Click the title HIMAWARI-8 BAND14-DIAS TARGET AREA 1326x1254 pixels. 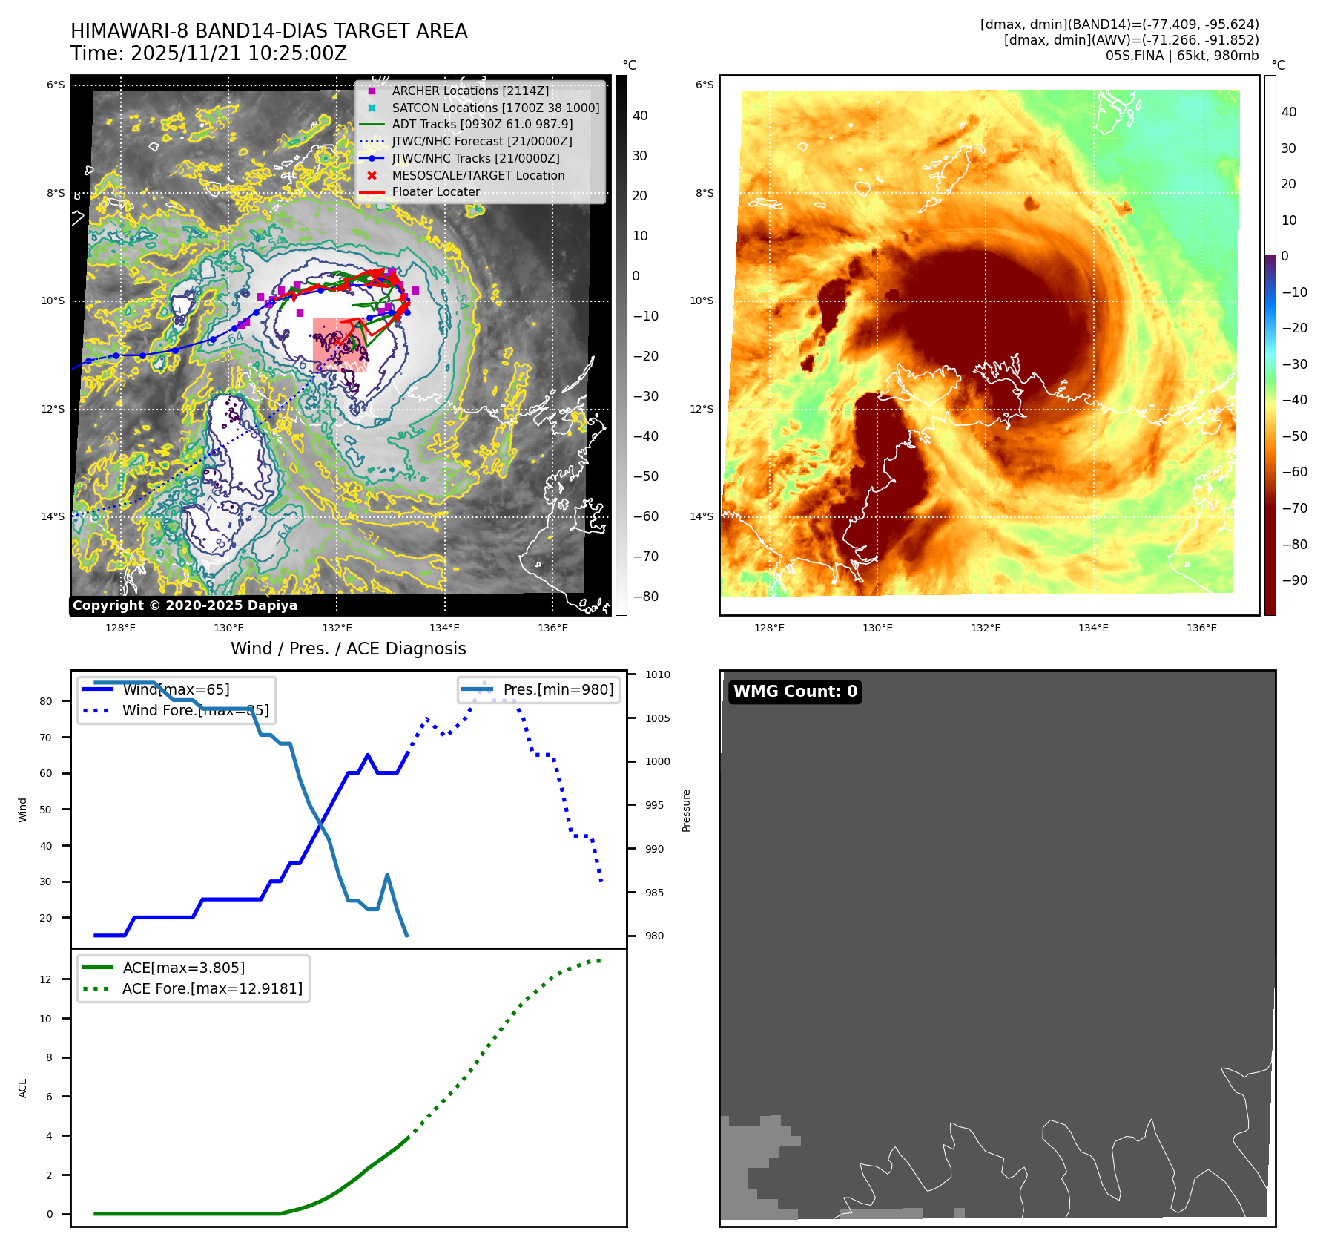click(268, 31)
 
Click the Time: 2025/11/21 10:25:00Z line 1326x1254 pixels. click(208, 53)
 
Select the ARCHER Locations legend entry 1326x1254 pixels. click(470, 91)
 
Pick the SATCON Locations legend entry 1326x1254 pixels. click(495, 108)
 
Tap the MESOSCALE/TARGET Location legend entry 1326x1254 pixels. click(478, 175)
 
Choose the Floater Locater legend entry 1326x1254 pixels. click(435, 191)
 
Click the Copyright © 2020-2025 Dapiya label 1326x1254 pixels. click(185, 605)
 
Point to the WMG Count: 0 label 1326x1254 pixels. click(795, 692)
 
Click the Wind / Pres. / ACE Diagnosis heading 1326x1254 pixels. click(348, 649)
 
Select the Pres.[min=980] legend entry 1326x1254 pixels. click(558, 689)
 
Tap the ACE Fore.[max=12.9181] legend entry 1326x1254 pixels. click(212, 988)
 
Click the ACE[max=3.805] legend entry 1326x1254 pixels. click(183, 968)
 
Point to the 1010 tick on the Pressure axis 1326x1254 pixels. click(657, 674)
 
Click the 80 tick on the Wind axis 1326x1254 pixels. click(46, 701)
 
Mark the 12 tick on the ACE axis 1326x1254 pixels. click(46, 979)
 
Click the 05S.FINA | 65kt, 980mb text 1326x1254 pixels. click(1181, 56)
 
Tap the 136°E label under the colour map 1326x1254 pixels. click(1201, 628)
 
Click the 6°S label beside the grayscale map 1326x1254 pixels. click(56, 85)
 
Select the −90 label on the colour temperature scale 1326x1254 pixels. click(1294, 580)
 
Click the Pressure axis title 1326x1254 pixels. click(686, 810)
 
